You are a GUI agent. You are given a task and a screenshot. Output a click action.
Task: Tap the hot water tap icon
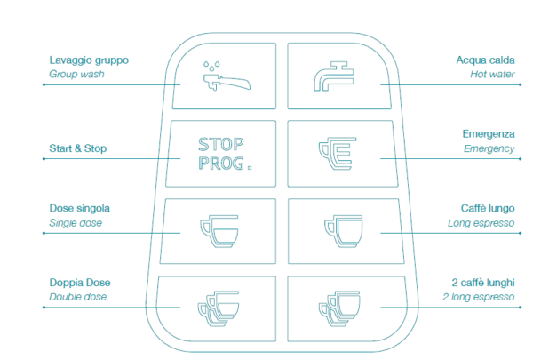[x=335, y=76]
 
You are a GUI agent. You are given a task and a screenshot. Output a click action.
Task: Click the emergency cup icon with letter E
[x=335, y=153]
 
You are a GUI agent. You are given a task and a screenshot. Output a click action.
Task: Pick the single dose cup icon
[x=219, y=229]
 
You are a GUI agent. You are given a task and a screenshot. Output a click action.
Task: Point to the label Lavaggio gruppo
[x=89, y=60]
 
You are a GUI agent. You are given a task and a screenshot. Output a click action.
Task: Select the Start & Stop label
[x=77, y=148]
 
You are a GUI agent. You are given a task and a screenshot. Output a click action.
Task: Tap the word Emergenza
[x=489, y=134]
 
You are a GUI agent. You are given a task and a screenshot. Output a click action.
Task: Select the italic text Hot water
[x=492, y=75]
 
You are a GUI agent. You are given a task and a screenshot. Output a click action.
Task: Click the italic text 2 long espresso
[x=481, y=297]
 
